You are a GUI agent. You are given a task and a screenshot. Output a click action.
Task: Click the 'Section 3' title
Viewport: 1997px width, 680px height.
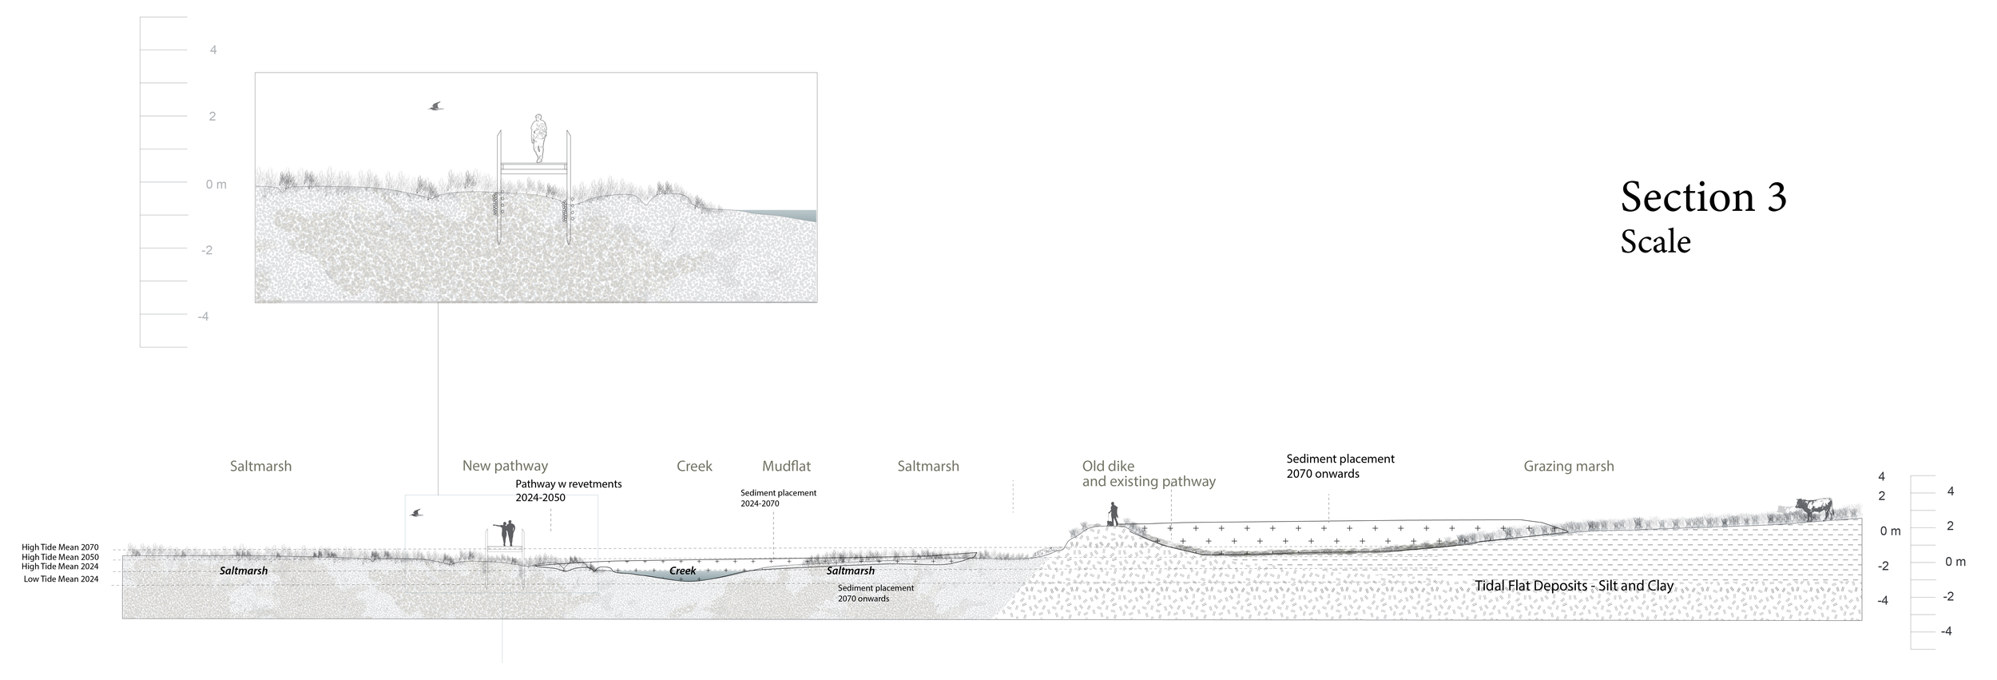1703,197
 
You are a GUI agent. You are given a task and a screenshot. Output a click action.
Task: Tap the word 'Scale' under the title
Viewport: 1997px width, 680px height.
1655,242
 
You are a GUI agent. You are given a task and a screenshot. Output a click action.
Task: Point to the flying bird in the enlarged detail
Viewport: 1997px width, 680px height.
435,105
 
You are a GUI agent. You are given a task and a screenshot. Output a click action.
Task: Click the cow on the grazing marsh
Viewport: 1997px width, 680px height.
1813,508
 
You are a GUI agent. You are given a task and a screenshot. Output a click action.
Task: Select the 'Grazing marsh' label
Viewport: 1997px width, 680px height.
1568,466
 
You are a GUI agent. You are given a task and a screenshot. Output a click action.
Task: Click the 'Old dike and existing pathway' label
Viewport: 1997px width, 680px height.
1148,474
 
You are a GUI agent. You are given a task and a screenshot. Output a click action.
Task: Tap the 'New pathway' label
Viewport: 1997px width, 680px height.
505,466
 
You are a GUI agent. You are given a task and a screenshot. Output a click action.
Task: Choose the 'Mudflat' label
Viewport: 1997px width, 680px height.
786,466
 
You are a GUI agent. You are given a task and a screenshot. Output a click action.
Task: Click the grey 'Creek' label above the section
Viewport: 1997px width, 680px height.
694,466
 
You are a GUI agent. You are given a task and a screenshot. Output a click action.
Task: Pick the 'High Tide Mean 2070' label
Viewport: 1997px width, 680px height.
60,547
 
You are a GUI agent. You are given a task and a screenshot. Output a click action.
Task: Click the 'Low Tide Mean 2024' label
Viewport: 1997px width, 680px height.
61,579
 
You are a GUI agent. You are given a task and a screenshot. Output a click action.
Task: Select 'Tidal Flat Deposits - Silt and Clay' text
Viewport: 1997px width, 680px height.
1574,586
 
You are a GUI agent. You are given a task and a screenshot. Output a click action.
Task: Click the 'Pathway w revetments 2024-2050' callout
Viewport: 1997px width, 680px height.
568,491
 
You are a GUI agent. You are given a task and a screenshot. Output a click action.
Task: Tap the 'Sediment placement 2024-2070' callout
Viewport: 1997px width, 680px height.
778,498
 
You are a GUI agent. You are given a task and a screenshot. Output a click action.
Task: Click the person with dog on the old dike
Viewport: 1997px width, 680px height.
1113,514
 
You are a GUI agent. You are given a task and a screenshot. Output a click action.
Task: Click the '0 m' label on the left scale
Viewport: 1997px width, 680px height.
216,185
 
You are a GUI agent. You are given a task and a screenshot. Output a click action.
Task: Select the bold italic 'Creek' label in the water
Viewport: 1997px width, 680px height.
682,571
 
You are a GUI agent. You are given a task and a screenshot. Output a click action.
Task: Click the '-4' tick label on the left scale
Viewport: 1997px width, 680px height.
203,316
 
